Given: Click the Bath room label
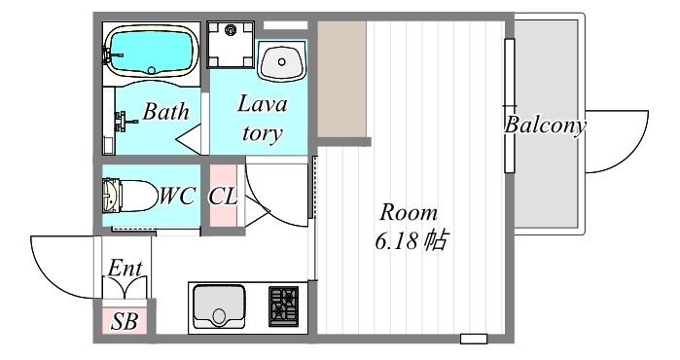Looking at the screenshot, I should [x=165, y=112].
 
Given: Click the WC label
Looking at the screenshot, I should [x=177, y=196].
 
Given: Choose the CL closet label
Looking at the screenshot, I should [x=223, y=197].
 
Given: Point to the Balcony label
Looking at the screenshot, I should [x=545, y=126].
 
